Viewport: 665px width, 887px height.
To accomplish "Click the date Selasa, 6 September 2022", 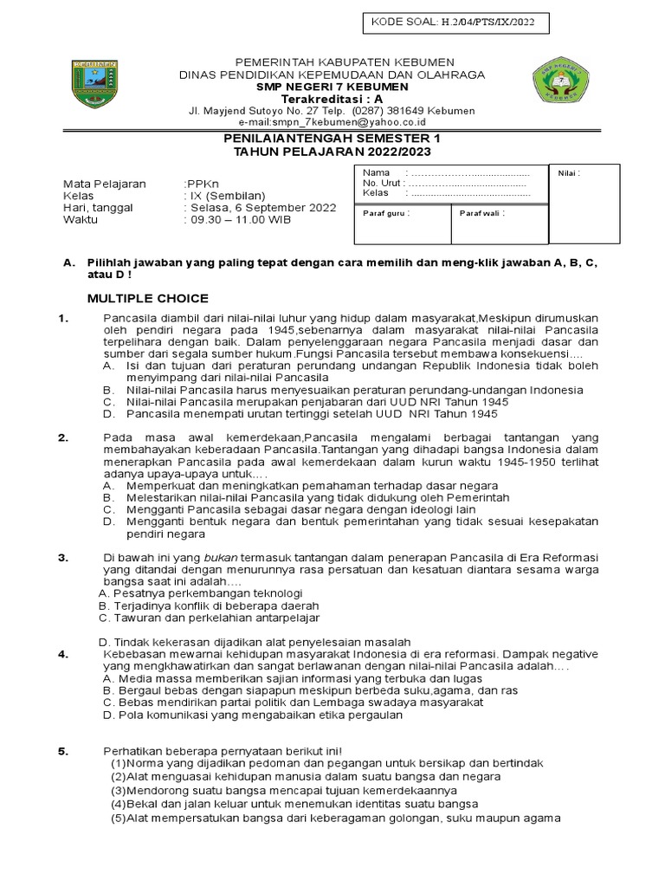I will tap(261, 207).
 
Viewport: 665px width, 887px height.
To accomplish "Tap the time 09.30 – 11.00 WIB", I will tap(237, 219).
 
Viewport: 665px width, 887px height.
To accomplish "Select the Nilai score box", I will tap(584, 204).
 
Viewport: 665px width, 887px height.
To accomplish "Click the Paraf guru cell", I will tap(403, 223).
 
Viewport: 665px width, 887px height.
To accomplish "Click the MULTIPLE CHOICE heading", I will tap(147, 298).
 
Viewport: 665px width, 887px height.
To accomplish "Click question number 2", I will tap(63, 437).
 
